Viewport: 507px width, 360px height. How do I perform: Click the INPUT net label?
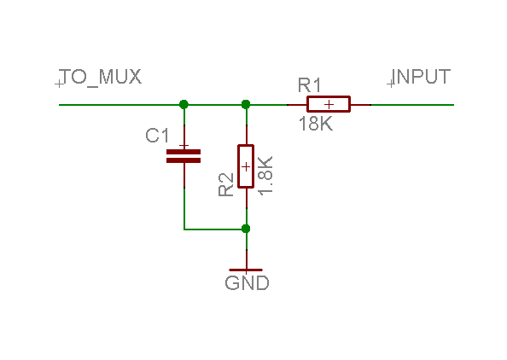click(x=421, y=77)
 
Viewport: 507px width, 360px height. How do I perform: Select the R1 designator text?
click(x=309, y=85)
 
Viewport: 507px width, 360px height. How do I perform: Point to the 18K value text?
click(x=315, y=124)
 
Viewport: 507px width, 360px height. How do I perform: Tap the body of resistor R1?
click(x=328, y=104)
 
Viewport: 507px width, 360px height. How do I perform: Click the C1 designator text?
click(x=158, y=136)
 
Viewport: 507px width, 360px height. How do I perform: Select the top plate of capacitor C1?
click(x=183, y=151)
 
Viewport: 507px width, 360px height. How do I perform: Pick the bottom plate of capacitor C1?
click(x=183, y=160)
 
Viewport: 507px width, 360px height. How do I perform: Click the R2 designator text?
click(x=226, y=185)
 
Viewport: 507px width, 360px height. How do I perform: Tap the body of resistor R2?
click(x=246, y=165)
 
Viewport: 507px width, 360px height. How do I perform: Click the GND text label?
click(x=247, y=283)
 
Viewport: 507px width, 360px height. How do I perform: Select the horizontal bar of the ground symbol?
click(x=247, y=270)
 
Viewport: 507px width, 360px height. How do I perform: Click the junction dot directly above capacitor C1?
click(x=184, y=104)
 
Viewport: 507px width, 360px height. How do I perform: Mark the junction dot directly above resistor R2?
click(x=246, y=104)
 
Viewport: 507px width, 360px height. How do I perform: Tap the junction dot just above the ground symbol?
click(x=246, y=229)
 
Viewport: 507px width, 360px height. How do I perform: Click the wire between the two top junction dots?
click(x=214, y=104)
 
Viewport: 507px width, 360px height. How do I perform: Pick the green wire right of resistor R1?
click(x=413, y=104)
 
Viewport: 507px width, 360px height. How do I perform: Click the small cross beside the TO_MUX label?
click(x=59, y=84)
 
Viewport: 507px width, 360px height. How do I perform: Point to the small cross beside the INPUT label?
click(x=391, y=84)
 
